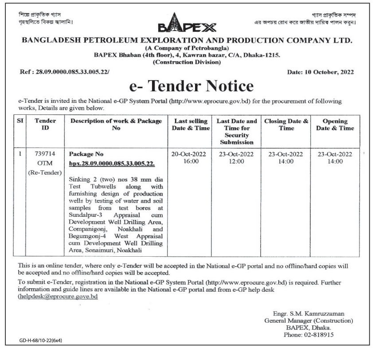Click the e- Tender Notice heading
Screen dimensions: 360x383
click(x=191, y=86)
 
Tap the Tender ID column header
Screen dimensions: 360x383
click(x=45, y=125)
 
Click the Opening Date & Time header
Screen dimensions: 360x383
click(x=335, y=125)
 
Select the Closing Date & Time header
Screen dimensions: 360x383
click(x=286, y=125)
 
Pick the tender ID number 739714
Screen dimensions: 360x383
click(x=45, y=154)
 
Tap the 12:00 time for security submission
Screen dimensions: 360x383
click(x=237, y=162)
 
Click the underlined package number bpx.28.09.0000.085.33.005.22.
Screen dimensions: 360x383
click(x=112, y=164)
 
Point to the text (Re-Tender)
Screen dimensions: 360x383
click(x=45, y=172)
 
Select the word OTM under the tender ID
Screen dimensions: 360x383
click(x=45, y=164)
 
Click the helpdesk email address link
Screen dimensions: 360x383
click(x=58, y=297)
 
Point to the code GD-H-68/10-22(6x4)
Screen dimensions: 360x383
click(x=40, y=341)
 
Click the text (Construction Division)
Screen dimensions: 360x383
click(x=187, y=62)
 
